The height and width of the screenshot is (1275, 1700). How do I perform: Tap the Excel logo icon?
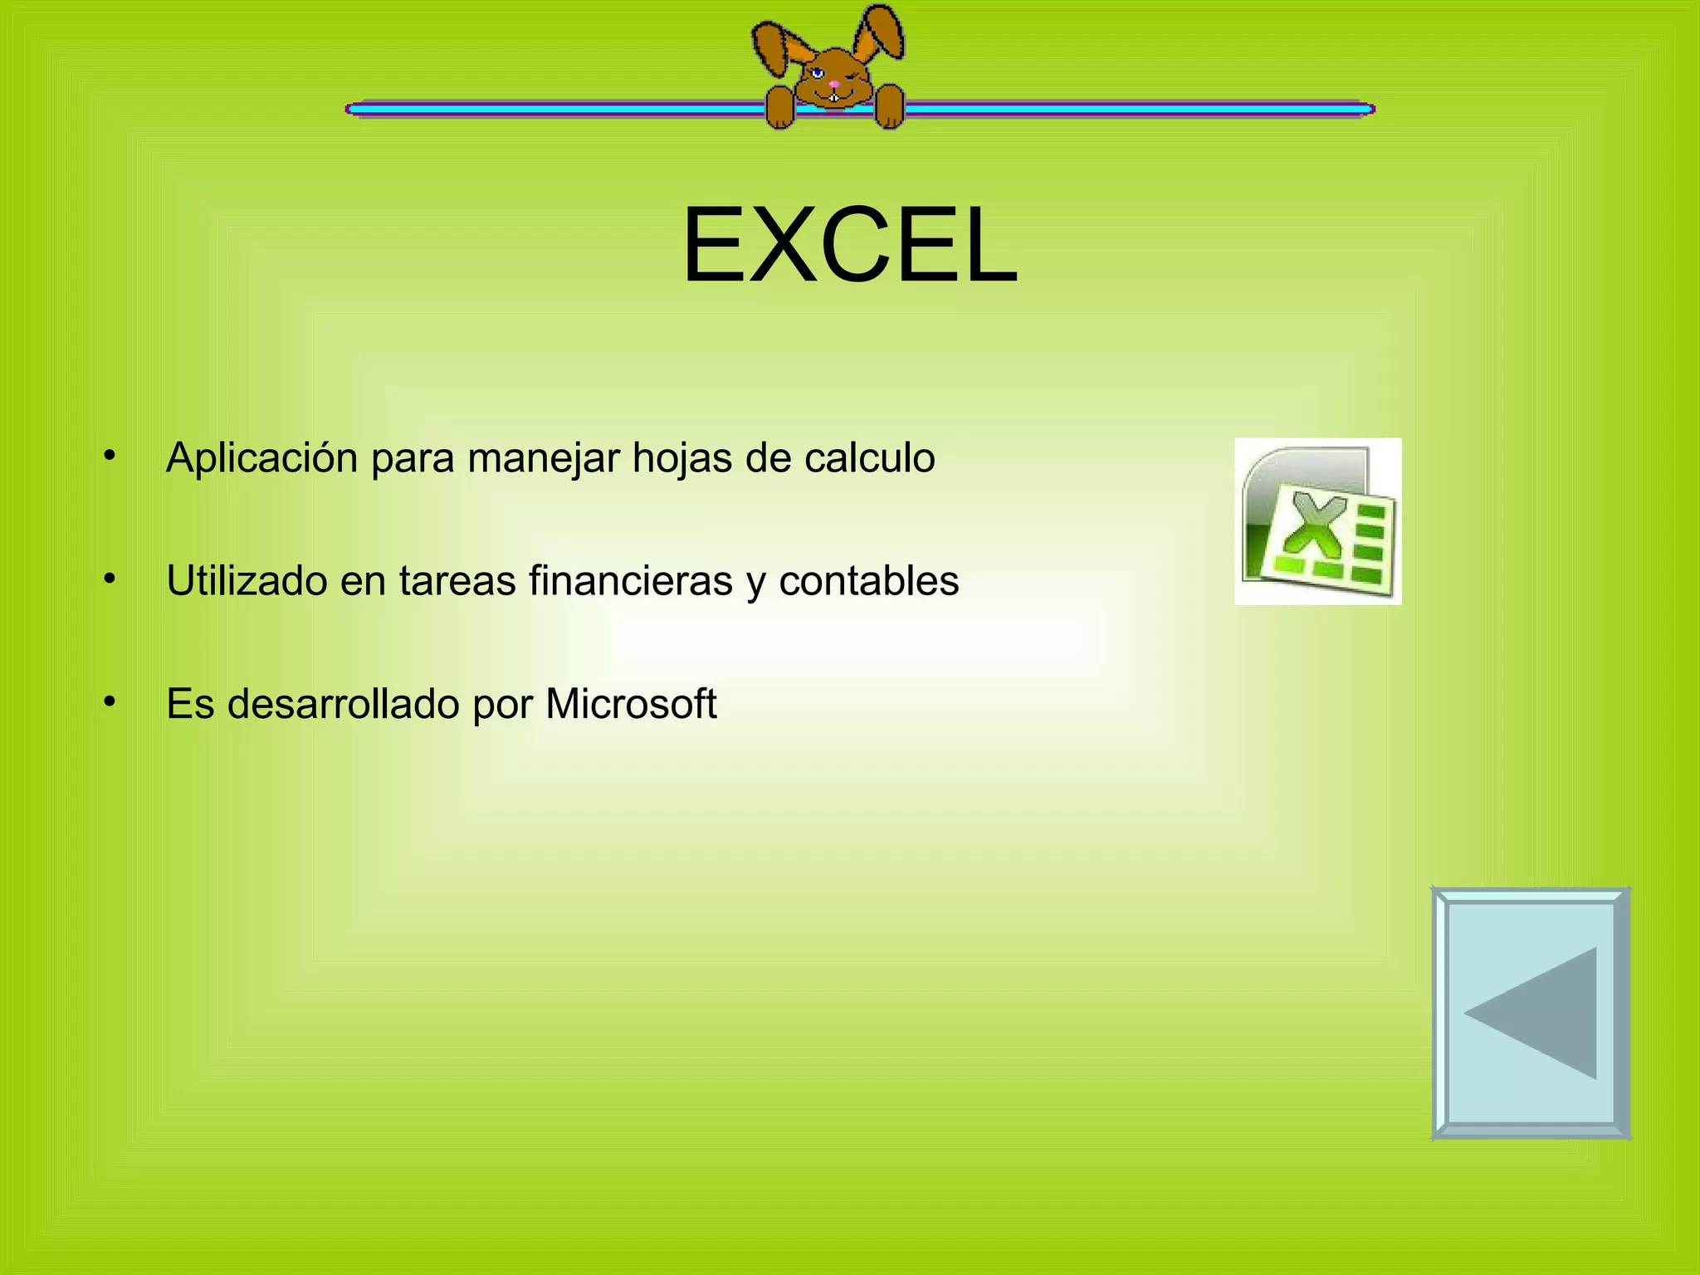pyautogui.click(x=1317, y=521)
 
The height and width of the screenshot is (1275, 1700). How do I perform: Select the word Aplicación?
pyautogui.click(x=261, y=458)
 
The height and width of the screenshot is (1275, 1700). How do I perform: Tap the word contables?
pyautogui.click(x=868, y=581)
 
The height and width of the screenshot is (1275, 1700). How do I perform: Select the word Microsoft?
pyautogui.click(x=631, y=704)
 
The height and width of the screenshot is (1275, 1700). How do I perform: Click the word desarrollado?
pyautogui.click(x=344, y=704)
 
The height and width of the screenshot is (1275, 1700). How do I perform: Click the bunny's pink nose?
pyautogui.click(x=833, y=84)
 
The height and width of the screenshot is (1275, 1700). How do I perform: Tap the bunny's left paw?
pyautogui.click(x=779, y=108)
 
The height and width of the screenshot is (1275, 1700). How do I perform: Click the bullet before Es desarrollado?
pyautogui.click(x=109, y=702)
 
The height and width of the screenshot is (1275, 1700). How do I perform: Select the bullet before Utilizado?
pyautogui.click(x=109, y=579)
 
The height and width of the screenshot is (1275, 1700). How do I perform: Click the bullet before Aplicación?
pyautogui.click(x=109, y=456)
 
